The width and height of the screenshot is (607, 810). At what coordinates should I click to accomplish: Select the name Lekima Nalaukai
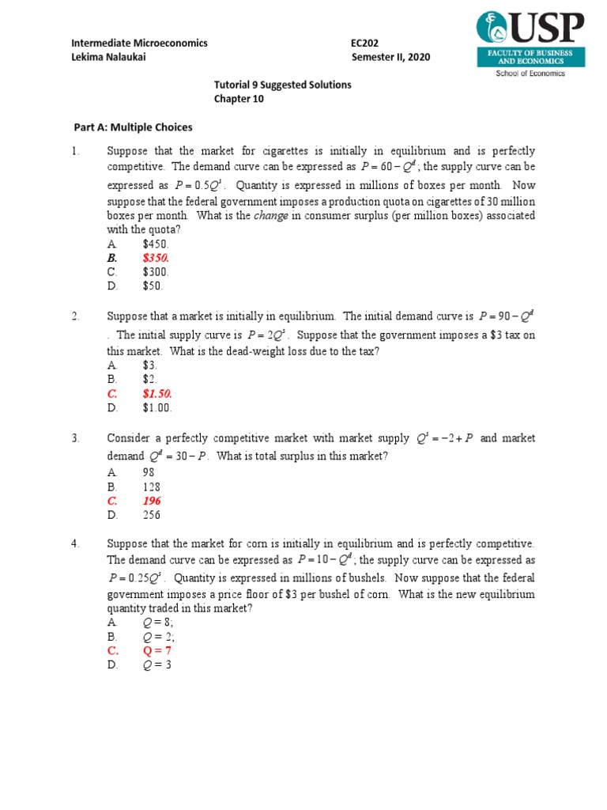[108, 57]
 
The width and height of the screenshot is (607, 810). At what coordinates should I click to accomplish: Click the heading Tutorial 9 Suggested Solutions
[282, 85]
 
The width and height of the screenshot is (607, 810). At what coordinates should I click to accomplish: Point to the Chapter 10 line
[239, 99]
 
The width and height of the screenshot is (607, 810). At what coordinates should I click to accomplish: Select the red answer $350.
[156, 258]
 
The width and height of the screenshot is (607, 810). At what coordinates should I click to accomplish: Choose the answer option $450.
[156, 244]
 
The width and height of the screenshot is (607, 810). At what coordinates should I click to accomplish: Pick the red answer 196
[152, 501]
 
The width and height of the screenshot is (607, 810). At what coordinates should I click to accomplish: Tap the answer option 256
[152, 515]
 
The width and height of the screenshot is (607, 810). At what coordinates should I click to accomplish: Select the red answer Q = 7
[157, 650]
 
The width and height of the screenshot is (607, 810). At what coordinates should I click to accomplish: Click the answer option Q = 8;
[158, 622]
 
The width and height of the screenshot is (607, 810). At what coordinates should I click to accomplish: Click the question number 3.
[74, 438]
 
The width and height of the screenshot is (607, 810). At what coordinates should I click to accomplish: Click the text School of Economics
[530, 73]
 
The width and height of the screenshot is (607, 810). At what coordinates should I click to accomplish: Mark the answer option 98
[149, 472]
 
